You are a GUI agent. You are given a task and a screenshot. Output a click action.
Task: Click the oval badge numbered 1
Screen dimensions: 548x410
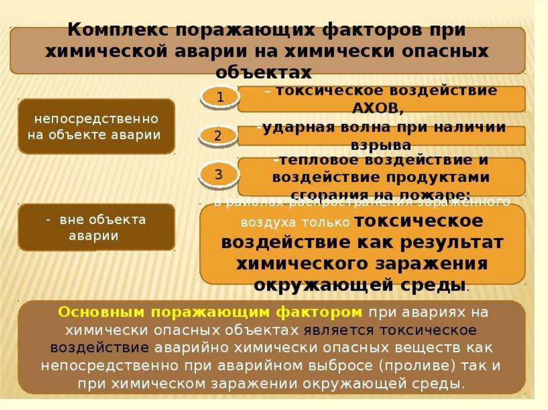pos(220,97)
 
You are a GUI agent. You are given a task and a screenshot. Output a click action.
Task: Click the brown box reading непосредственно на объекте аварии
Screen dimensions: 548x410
pos(96,126)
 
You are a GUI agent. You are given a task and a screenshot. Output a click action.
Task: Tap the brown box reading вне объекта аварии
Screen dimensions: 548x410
pos(96,227)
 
